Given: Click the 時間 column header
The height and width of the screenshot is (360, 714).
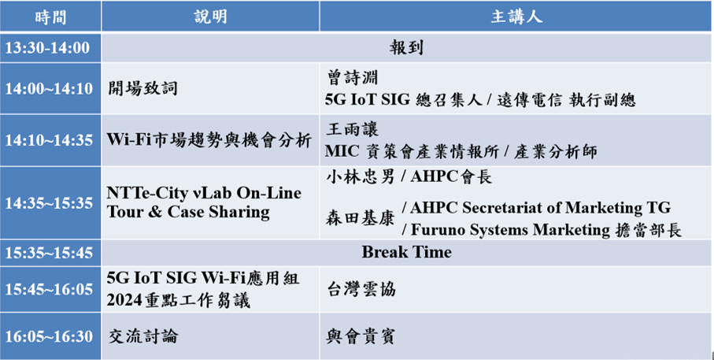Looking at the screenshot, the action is (x=50, y=17).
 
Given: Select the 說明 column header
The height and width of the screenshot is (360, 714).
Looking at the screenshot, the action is (x=210, y=17).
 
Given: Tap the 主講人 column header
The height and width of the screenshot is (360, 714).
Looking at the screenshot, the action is (x=516, y=17).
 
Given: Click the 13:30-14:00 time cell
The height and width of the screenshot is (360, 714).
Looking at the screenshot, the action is (x=48, y=48).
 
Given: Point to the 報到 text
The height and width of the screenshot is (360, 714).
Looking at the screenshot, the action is (x=406, y=47).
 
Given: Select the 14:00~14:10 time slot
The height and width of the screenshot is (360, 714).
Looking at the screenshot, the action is (x=49, y=88).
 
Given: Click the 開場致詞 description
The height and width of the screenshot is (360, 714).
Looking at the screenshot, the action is (x=142, y=88).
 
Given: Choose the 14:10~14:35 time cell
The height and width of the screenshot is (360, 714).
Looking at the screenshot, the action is (x=49, y=140).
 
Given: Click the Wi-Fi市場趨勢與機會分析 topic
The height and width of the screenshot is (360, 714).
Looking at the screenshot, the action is (x=209, y=140).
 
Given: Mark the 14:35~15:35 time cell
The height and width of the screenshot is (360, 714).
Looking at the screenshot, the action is (x=49, y=203).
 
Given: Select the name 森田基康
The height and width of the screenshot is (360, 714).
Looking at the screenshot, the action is (x=361, y=219).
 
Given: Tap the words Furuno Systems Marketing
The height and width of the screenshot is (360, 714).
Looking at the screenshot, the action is (x=510, y=230).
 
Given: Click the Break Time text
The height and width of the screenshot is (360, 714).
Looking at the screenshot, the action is (x=407, y=252).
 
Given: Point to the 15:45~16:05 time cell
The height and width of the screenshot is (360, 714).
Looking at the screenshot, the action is (x=49, y=289).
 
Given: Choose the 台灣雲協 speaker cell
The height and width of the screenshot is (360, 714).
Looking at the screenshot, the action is (x=361, y=290).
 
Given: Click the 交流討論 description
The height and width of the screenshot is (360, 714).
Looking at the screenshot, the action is (x=143, y=336).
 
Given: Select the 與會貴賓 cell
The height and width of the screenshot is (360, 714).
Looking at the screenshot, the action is (x=361, y=336).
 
